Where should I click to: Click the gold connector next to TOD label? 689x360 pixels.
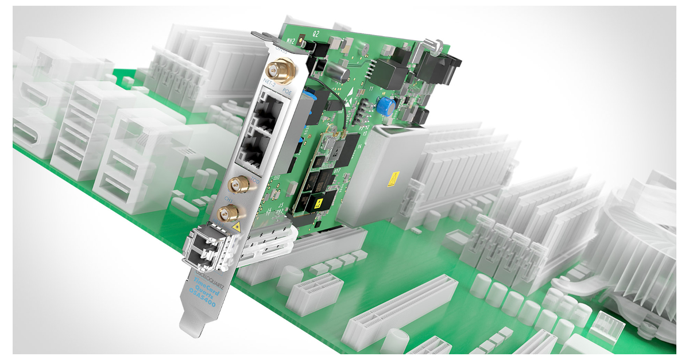[x=236, y=185]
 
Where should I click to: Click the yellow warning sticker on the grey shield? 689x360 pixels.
[x=394, y=179]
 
